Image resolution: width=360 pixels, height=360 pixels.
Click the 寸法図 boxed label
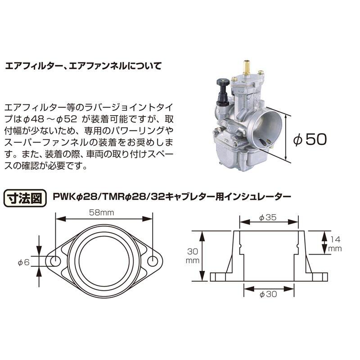pyautogui.click(x=25, y=197)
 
